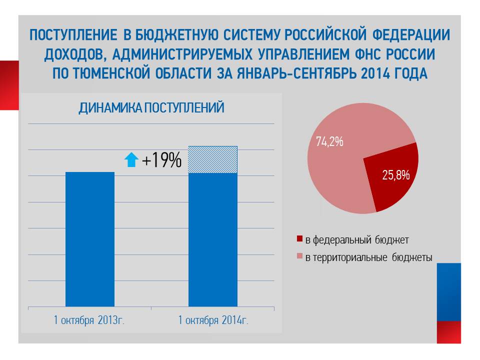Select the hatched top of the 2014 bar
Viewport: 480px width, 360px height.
click(212, 159)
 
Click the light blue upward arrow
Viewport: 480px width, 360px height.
click(131, 160)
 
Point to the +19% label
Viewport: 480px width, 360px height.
click(161, 160)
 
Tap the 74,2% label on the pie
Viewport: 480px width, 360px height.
click(329, 141)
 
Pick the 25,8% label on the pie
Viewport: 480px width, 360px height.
click(396, 175)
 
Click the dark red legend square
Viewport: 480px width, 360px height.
click(300, 240)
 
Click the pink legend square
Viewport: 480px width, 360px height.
click(300, 257)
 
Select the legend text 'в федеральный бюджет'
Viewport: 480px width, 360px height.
click(357, 240)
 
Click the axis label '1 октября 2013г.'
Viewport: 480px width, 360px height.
click(89, 320)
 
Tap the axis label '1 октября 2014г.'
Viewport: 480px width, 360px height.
click(213, 320)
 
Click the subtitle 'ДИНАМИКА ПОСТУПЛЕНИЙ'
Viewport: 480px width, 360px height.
click(151, 108)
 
